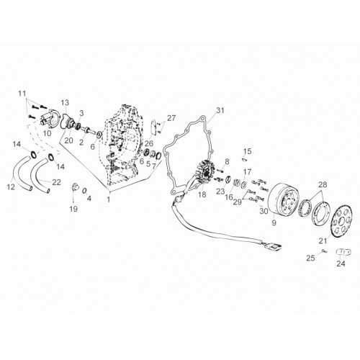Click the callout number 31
(220, 110)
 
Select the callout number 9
(274, 222)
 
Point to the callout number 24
(341, 264)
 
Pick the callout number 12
(11, 187)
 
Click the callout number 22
(56, 182)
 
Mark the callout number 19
(73, 209)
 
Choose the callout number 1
(109, 199)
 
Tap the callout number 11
(22, 94)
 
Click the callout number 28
(323, 184)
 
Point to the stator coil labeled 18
(204, 174)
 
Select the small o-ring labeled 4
(84, 191)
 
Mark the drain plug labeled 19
(76, 186)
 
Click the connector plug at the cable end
(275, 248)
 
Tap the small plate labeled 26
(153, 127)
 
